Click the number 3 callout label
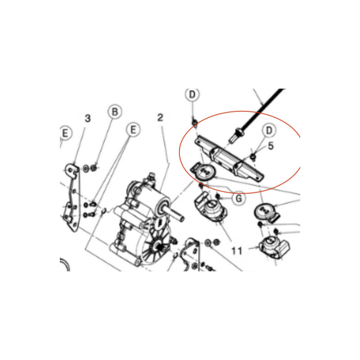pos(88,118)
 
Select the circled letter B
pos(115,112)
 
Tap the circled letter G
pos(239,198)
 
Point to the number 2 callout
pos(160,117)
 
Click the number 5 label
pos(271,146)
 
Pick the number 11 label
pos(237,251)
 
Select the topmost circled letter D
pos(192,94)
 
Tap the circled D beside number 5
pos(269,130)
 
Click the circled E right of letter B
pos(133,130)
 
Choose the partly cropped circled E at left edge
pos(66,133)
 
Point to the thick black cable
pos(261,109)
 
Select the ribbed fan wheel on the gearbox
pos(156,247)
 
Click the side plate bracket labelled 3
pos(72,197)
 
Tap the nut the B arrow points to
pos(94,168)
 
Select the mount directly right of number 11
pos(274,248)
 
